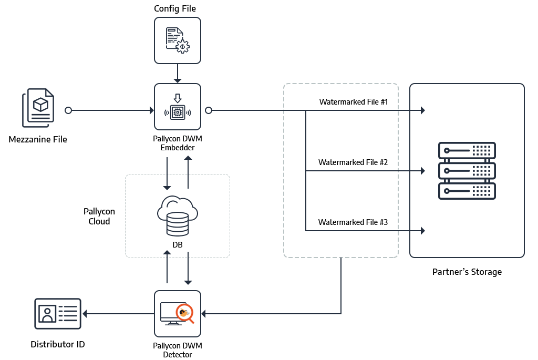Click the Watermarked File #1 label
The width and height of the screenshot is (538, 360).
click(x=353, y=102)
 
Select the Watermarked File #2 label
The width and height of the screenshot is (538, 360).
click(x=353, y=162)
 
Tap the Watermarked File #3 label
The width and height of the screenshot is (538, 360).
click(x=353, y=222)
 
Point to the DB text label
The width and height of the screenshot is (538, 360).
click(x=178, y=245)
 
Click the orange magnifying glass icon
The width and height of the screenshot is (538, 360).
click(x=184, y=314)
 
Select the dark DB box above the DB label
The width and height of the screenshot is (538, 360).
click(x=177, y=215)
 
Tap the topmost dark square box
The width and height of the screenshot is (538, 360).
click(x=178, y=40)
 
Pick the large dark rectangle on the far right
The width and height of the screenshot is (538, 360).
click(x=467, y=170)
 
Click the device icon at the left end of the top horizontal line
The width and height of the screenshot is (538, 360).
click(x=38, y=108)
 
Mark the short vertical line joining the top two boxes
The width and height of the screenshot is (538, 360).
click(x=178, y=72)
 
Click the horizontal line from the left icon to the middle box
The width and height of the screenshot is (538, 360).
click(x=110, y=110)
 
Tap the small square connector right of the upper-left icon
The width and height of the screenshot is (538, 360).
click(x=68, y=110)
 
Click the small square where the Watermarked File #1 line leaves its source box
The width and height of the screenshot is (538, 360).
click(x=209, y=110)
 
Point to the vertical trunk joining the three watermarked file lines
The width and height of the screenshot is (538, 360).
click(x=306, y=171)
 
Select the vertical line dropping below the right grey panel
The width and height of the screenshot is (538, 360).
click(x=342, y=286)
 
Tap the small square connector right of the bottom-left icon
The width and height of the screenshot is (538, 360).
click(x=84, y=314)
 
